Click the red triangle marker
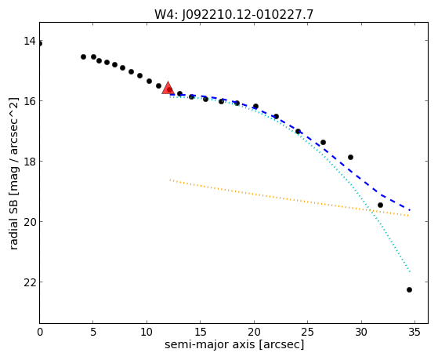(x=168, y=88)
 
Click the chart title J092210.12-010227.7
(x=234, y=14)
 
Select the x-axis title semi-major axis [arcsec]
(x=234, y=344)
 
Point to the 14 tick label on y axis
(x=30, y=41)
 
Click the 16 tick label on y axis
(x=30, y=100)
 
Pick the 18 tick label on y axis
(x=30, y=161)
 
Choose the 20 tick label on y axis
(x=30, y=221)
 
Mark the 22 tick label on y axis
(x=30, y=282)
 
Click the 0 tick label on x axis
(x=40, y=332)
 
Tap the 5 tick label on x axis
(x=93, y=332)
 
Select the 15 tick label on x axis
(x=201, y=332)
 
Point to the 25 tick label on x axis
(x=308, y=332)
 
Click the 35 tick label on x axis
(x=414, y=332)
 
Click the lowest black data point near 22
(x=409, y=289)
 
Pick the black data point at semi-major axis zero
(x=40, y=44)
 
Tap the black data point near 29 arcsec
(x=350, y=157)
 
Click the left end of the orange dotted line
(x=170, y=180)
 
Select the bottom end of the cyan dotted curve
(x=410, y=271)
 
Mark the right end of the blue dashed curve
(x=410, y=209)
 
